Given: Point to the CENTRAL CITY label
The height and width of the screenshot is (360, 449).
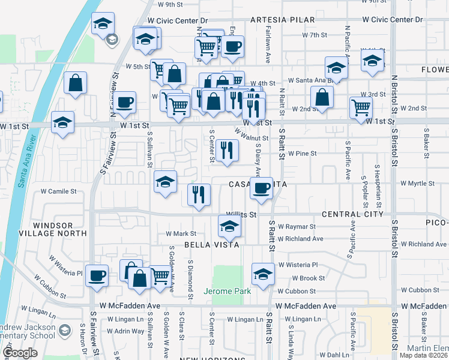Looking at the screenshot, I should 352,214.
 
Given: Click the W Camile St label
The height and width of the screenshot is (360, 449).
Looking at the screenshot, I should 59,192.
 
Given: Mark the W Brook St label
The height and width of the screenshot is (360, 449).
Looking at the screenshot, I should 308,278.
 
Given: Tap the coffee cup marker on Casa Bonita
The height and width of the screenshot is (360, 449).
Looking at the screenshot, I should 261,188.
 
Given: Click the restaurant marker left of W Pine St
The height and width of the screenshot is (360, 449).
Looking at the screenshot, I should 226,149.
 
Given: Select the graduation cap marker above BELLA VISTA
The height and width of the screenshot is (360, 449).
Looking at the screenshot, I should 228,226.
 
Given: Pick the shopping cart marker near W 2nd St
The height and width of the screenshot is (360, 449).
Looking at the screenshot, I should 361,107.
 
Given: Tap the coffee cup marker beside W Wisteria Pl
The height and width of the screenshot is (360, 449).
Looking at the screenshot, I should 97,275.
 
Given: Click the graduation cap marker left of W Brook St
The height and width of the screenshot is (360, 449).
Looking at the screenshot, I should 262,274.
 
